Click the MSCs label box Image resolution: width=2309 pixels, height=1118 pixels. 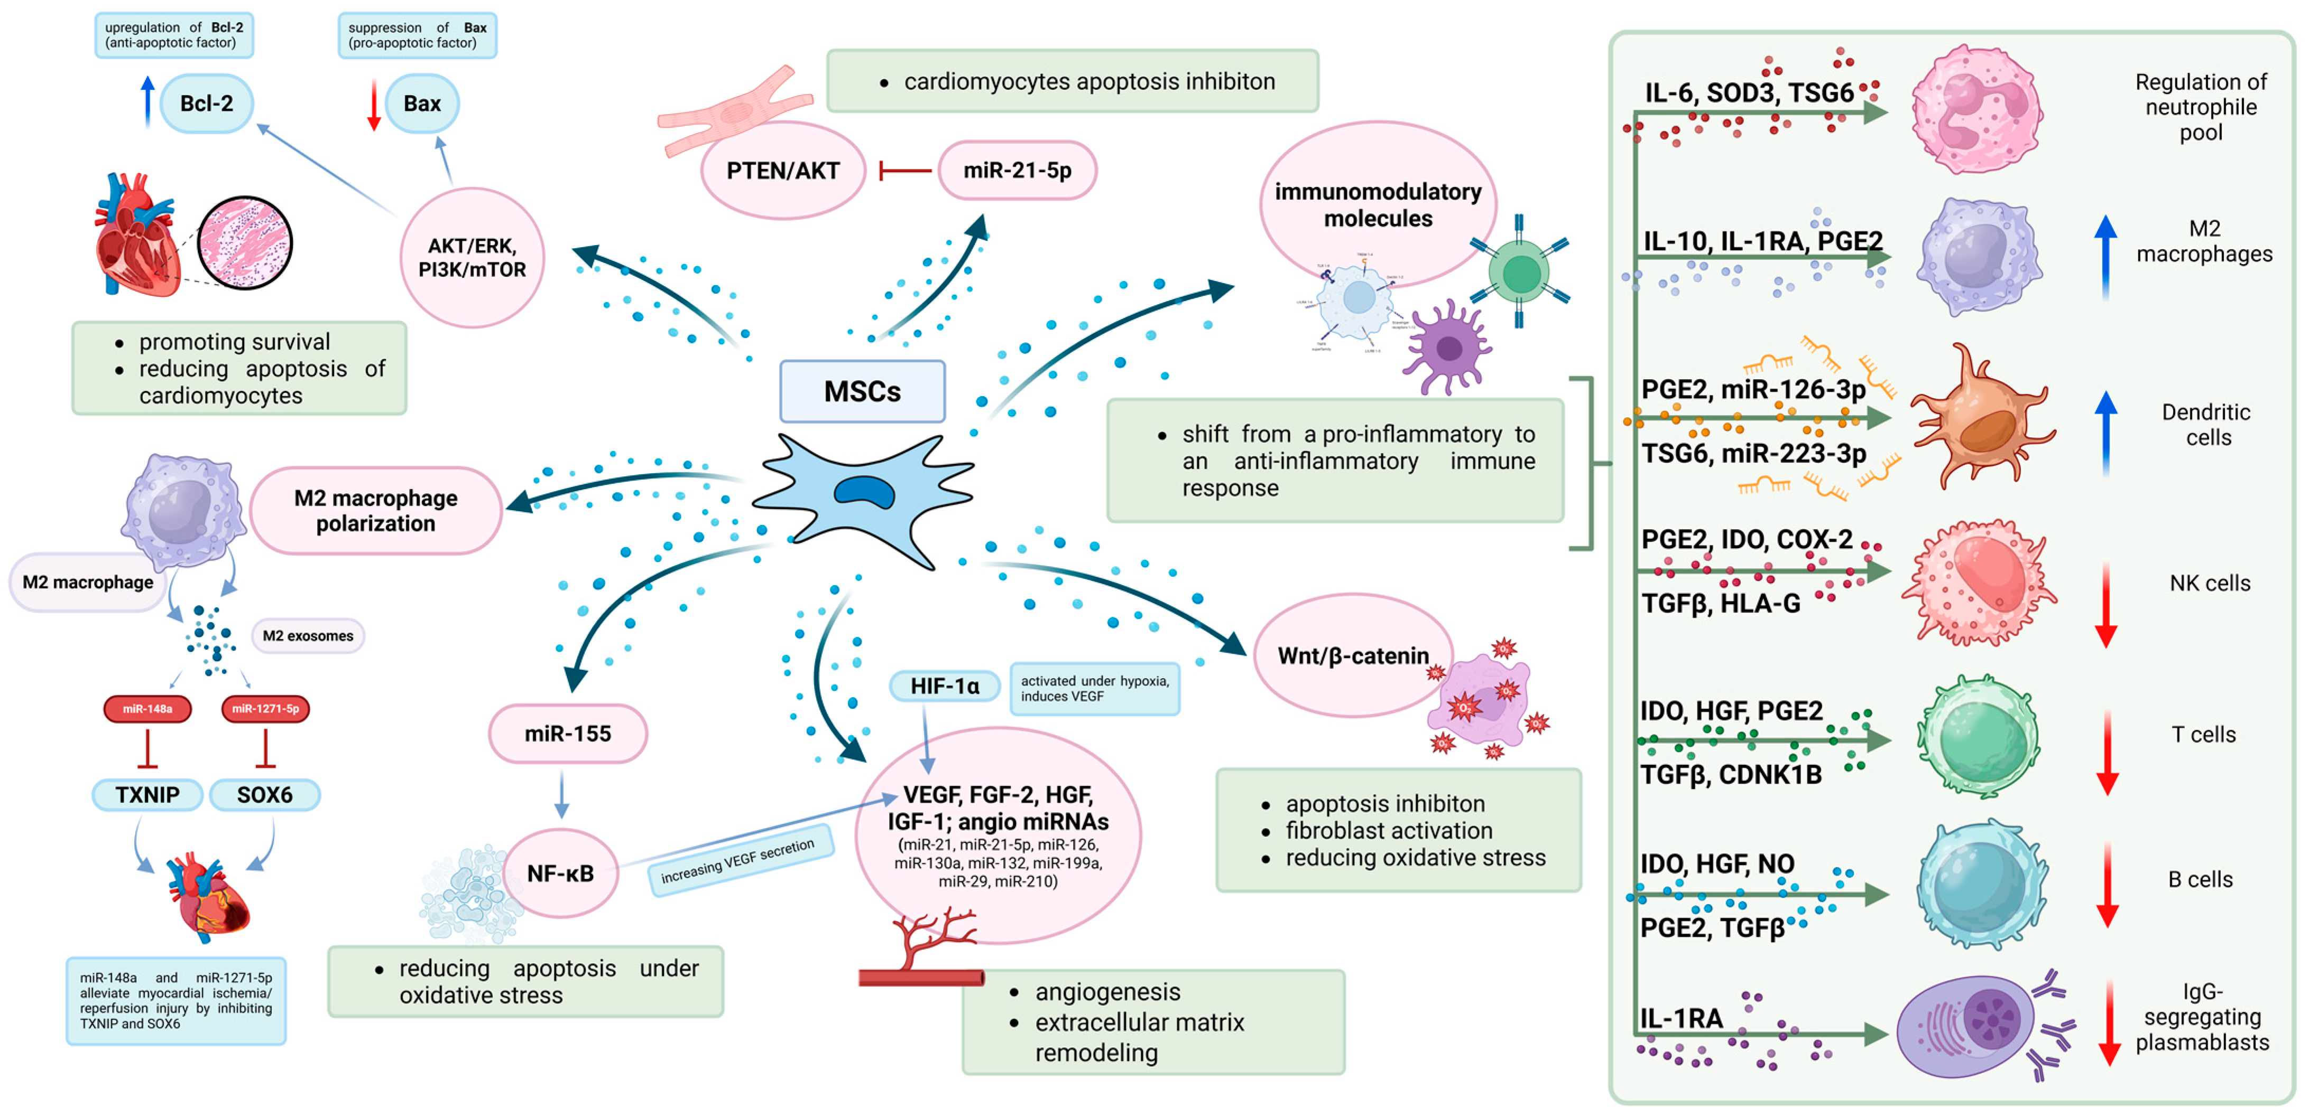[x=862, y=391]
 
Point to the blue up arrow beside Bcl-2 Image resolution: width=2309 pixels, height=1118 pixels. [x=148, y=101]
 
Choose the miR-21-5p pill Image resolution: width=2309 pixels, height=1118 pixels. [x=1018, y=170]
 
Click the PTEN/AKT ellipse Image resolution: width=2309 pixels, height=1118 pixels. [x=782, y=170]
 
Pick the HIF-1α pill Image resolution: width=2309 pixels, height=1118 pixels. [x=944, y=686]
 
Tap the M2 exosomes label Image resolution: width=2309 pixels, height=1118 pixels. [x=308, y=636]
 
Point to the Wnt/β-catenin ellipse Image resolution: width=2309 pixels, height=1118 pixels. [x=1353, y=656]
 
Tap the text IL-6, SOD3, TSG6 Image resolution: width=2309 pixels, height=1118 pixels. [x=1749, y=93]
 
